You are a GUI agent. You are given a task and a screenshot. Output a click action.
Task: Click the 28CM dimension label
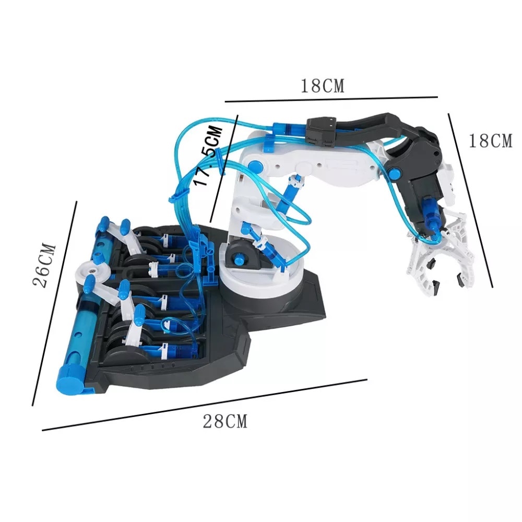coord(225,421)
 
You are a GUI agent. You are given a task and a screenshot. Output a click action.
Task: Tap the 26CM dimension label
coord(45,265)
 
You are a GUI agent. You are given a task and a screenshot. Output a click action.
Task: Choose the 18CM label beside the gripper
coord(490,141)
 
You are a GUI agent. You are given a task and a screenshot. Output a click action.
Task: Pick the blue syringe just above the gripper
coord(430,214)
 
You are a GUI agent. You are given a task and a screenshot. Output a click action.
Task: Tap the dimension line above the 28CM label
coord(204,405)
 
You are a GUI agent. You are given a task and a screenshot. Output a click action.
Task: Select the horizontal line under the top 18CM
coord(330,97)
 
